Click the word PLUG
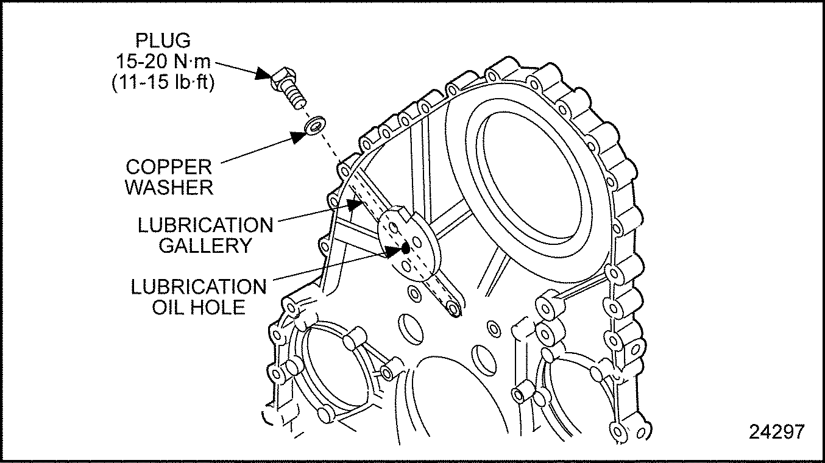tap(163, 41)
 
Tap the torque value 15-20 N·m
tap(163, 62)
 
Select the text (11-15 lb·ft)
tap(163, 82)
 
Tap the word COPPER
tap(169, 166)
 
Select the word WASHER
tap(169, 187)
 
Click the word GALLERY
tap(205, 246)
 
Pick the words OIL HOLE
tap(199, 306)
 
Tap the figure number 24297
tap(776, 431)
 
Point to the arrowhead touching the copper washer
tap(298, 136)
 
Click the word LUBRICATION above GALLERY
tap(205, 225)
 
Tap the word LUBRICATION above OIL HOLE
tap(199, 286)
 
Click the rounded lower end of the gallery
tap(453, 311)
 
